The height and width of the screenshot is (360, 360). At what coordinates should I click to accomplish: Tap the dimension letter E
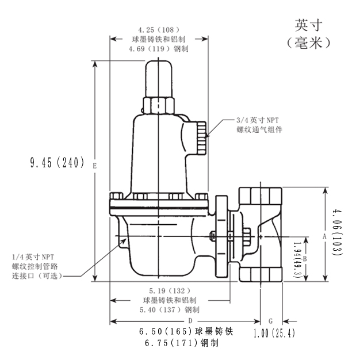[x=94, y=166]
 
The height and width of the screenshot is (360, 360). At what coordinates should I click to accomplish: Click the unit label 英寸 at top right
[x=308, y=25]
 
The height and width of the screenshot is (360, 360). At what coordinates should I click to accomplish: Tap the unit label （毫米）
[x=308, y=44]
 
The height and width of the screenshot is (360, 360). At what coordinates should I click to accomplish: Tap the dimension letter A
[x=324, y=236]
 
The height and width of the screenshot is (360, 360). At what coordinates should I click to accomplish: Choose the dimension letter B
[x=305, y=259]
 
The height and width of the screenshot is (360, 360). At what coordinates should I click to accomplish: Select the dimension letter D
[x=189, y=320]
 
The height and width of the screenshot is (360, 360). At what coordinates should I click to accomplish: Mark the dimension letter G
[x=271, y=320]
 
